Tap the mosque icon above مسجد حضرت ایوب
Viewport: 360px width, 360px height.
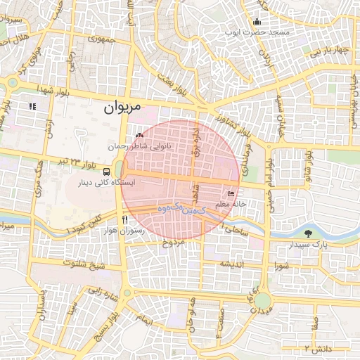pyautogui.click(x=257, y=20)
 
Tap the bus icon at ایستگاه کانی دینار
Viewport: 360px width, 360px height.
pyautogui.click(x=106, y=171)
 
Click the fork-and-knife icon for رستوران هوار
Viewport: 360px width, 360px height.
pyautogui.click(x=124, y=219)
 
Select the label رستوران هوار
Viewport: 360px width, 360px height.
pyautogui.click(x=123, y=230)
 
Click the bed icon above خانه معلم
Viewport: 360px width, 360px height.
pyautogui.click(x=231, y=193)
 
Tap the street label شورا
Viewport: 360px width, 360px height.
pyautogui.click(x=283, y=266)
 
